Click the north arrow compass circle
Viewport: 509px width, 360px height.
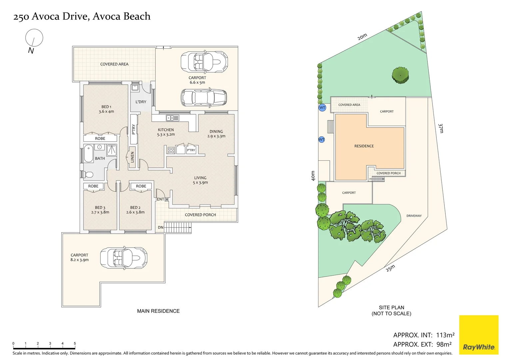click(x=34, y=38)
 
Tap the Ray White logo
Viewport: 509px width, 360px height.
click(x=479, y=335)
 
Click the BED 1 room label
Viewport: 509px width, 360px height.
click(x=106, y=109)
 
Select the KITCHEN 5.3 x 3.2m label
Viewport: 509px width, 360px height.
click(x=166, y=132)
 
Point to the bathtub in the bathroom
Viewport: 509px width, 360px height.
click(x=88, y=153)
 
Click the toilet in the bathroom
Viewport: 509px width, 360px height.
click(x=88, y=174)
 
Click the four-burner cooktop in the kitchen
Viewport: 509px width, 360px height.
click(x=171, y=150)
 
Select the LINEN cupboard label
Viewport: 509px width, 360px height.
click(x=132, y=157)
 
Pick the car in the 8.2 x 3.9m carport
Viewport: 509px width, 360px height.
click(x=124, y=258)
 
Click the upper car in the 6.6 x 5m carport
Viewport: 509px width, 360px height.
click(x=204, y=61)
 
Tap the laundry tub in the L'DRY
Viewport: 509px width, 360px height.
click(x=135, y=88)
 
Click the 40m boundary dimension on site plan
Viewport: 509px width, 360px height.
click(x=313, y=176)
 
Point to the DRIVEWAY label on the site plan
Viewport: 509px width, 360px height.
click(x=414, y=216)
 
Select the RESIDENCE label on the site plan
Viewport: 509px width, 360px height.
click(x=364, y=146)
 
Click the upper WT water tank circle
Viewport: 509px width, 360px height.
click(x=322, y=107)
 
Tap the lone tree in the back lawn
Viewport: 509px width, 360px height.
click(x=400, y=75)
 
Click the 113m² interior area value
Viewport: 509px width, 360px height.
click(x=445, y=335)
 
